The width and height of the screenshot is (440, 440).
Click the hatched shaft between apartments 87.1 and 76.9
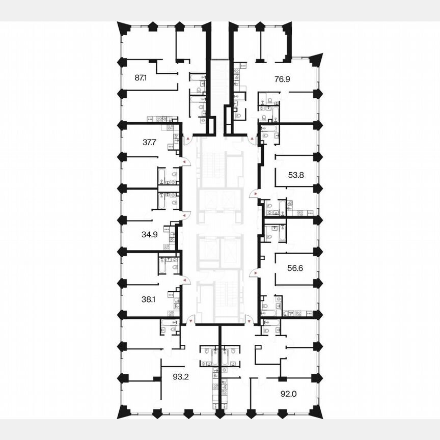tap(220, 81)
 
